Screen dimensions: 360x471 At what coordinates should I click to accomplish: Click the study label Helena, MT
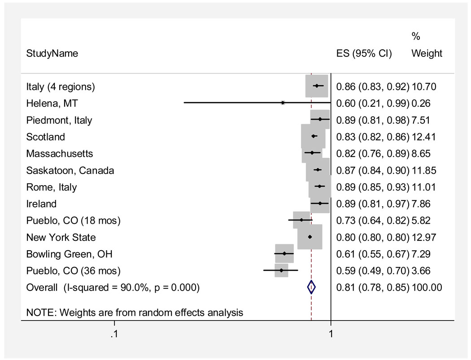click(x=52, y=104)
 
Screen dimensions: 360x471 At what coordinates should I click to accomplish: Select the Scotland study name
click(x=46, y=137)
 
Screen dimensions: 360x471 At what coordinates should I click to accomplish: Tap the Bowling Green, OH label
click(x=69, y=254)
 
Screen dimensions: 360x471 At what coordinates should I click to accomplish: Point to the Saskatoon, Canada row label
click(x=70, y=170)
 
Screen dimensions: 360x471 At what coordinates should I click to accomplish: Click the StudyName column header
click(x=52, y=53)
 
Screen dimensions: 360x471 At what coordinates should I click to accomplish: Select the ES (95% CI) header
click(x=364, y=53)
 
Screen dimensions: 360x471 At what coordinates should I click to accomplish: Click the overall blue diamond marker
click(x=311, y=287)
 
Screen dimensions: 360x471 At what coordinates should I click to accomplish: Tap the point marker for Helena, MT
click(x=283, y=103)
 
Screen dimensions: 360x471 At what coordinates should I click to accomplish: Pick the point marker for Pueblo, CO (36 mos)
click(x=281, y=270)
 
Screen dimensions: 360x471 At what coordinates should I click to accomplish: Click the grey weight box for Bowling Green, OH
click(x=284, y=254)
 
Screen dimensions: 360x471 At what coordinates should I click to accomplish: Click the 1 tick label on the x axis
click(x=331, y=334)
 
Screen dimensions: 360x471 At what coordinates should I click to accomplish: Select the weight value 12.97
click(x=423, y=237)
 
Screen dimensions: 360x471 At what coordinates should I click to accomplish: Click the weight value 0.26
click(x=421, y=104)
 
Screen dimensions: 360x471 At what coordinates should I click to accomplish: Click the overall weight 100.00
click(x=427, y=287)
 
